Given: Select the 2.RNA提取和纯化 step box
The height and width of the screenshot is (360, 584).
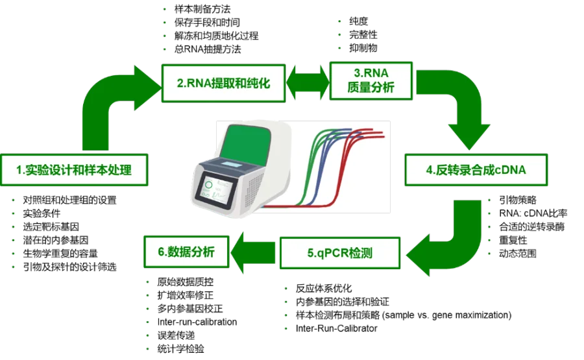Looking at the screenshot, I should (x=223, y=83).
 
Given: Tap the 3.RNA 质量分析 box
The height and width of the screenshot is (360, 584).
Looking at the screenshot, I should (x=371, y=80).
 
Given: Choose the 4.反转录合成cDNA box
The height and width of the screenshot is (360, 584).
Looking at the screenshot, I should (x=476, y=170).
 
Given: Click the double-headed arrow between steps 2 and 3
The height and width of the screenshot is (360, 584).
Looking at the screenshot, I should (x=307, y=82).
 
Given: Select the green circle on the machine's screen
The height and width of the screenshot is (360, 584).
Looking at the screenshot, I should (x=209, y=184).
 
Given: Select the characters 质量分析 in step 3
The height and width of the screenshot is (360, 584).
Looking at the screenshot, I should (x=371, y=88).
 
